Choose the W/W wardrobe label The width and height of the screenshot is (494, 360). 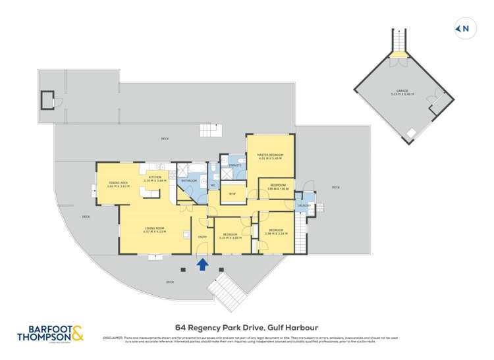pyautogui.click(x=233, y=193)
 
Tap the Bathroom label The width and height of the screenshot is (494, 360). pyautogui.click(x=189, y=180)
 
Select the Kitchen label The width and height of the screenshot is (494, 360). pyautogui.click(x=155, y=177)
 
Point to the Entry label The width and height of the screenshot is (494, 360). pyautogui.click(x=202, y=238)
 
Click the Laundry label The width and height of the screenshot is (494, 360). pyautogui.click(x=304, y=205)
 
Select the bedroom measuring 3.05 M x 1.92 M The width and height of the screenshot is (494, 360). pyautogui.click(x=277, y=187)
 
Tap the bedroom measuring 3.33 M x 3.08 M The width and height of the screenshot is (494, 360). pyautogui.click(x=229, y=236)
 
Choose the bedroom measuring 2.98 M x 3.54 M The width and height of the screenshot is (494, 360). pyautogui.click(x=277, y=232)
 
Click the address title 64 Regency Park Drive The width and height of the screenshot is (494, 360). pyautogui.click(x=246, y=325)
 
